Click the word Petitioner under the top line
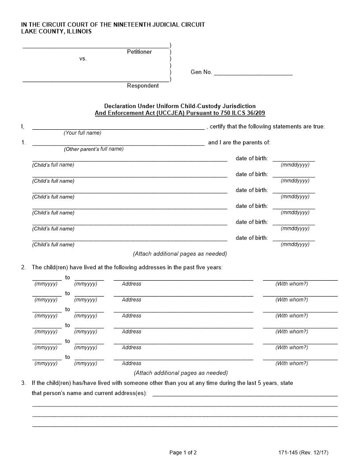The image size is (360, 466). pyautogui.click(x=139, y=52)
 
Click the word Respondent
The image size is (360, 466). pyautogui.click(x=143, y=86)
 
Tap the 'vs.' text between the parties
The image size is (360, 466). pyautogui.click(x=83, y=59)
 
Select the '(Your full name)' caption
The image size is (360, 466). pyautogui.click(x=82, y=133)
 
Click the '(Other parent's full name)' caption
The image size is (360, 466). pyautogui.click(x=94, y=149)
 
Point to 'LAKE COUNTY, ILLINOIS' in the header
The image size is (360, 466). pyautogui.click(x=56, y=32)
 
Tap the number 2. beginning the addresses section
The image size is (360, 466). pyautogui.click(x=23, y=267)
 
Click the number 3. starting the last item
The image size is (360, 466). pyautogui.click(x=23, y=383)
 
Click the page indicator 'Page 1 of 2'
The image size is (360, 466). pyautogui.click(x=183, y=452)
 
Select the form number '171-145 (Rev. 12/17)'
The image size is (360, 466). pyautogui.click(x=304, y=452)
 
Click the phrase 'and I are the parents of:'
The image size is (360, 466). pyautogui.click(x=239, y=143)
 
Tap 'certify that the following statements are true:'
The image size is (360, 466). pyautogui.click(x=267, y=127)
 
